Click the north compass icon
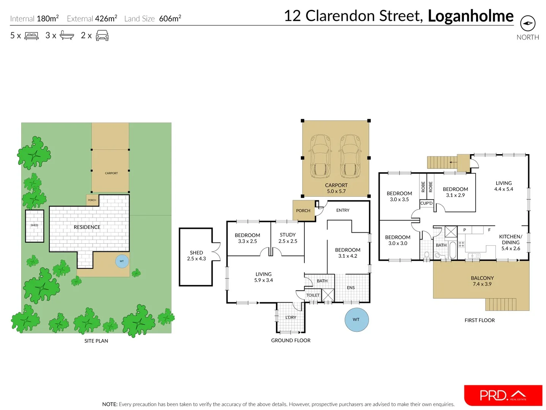coord(527,24)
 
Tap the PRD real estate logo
coord(503,395)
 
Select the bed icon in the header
coord(32,36)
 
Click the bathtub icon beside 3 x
coord(67,36)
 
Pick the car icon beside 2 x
coord(102,36)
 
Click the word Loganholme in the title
coord(470,16)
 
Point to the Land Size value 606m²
coord(170,19)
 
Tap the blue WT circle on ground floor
coord(356,320)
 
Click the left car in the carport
coord(320,156)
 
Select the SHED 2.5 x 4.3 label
coord(196,255)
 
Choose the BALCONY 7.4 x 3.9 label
coord(482,281)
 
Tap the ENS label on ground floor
coord(351,288)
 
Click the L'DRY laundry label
coord(291,317)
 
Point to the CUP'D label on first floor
coord(426,203)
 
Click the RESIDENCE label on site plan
coord(87,227)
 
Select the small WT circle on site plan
coord(122,261)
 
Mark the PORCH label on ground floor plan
coord(303,211)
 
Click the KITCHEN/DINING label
coord(511,242)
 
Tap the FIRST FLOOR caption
coord(480,320)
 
